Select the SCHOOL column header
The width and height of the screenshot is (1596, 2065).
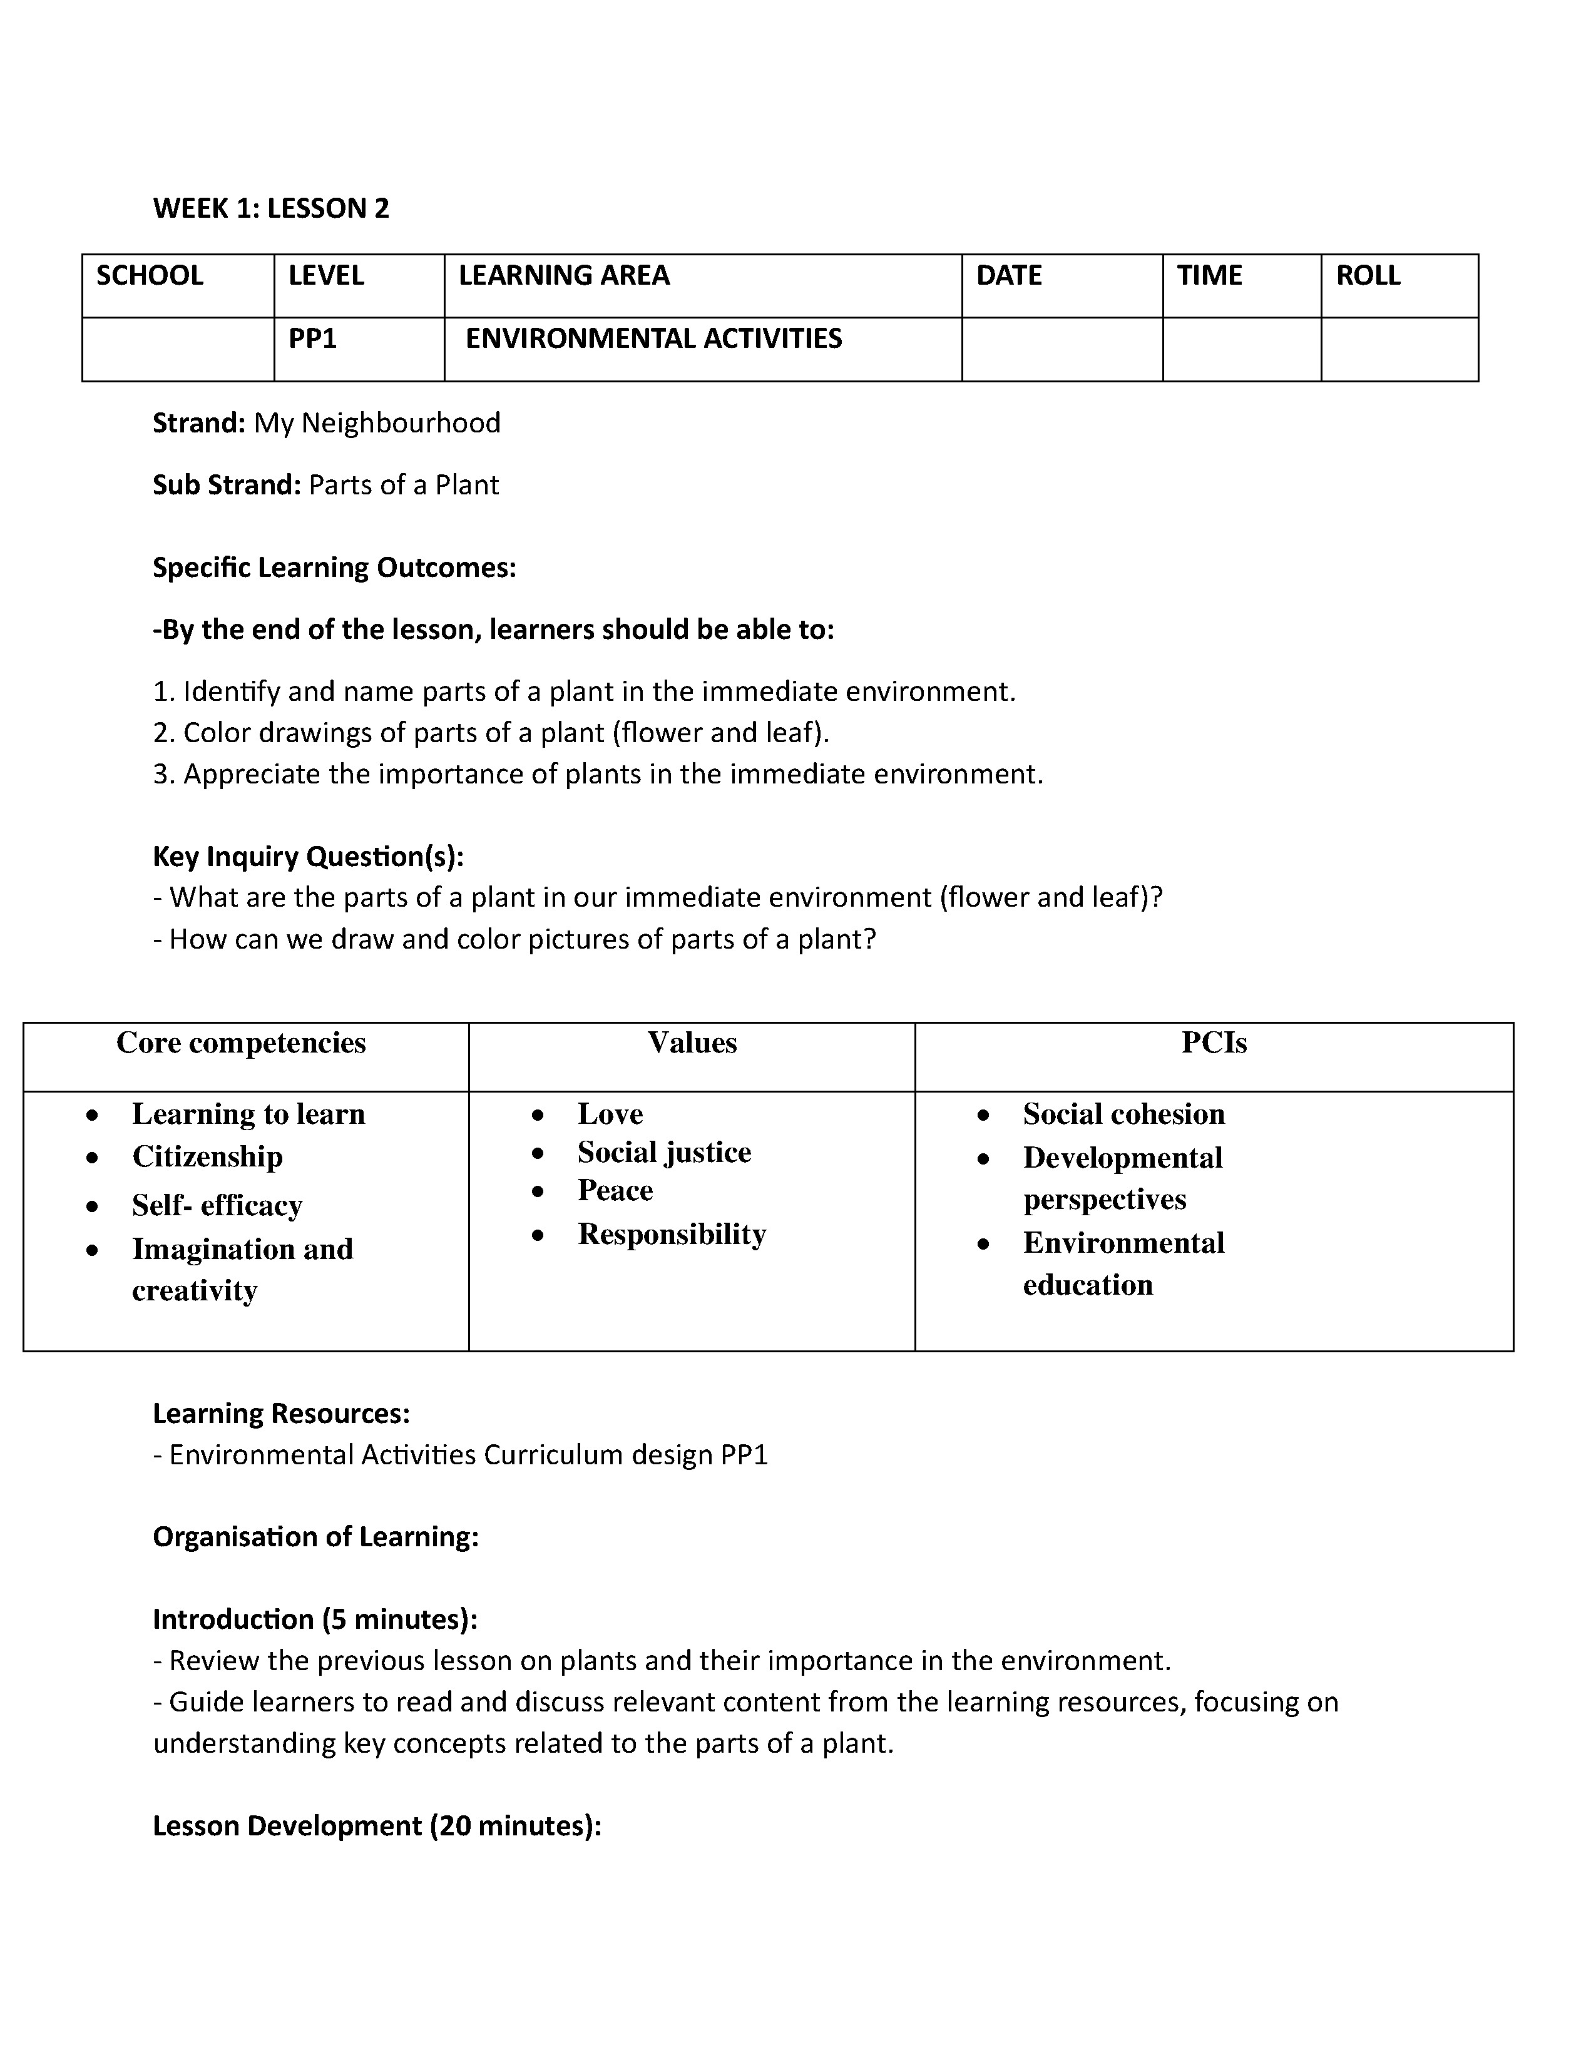[x=150, y=276]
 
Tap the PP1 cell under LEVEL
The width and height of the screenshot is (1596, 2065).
[x=313, y=339]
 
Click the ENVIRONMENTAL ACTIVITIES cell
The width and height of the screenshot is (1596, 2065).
[x=653, y=339]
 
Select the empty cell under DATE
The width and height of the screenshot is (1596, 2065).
[x=1061, y=349]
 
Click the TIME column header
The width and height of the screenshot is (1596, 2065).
[x=1209, y=276]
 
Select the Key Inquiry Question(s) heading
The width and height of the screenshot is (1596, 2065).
[x=308, y=857]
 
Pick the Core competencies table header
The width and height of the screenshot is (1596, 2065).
[x=241, y=1043]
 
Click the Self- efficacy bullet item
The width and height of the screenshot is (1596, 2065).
[x=217, y=1206]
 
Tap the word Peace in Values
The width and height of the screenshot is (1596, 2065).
[x=615, y=1190]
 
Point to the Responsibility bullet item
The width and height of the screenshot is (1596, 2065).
[x=672, y=1234]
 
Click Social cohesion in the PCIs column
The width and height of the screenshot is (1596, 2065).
[x=1123, y=1114]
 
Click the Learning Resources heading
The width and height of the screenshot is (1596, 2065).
[x=281, y=1414]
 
